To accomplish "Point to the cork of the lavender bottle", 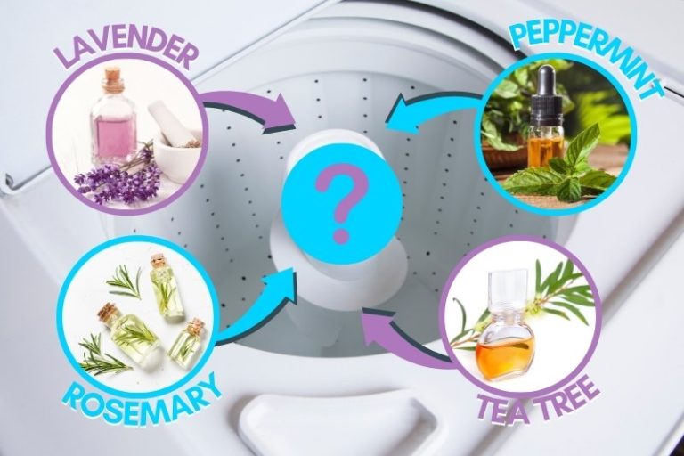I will (110, 79).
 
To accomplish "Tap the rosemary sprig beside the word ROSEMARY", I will (98, 356).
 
